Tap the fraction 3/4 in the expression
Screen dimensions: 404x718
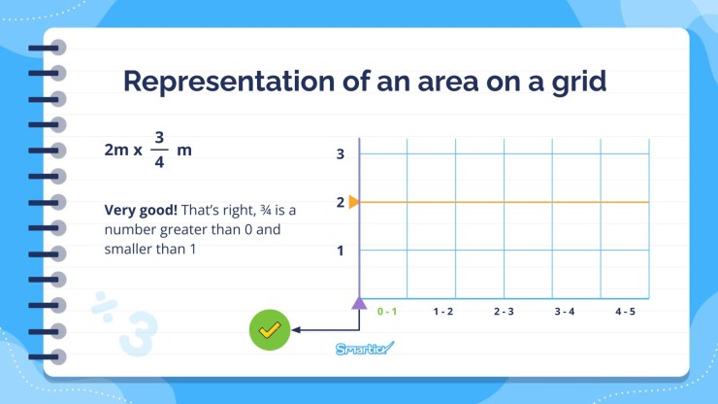click(160, 149)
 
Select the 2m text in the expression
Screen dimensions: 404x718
click(116, 150)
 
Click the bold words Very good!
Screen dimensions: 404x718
click(139, 210)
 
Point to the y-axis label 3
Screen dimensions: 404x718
click(341, 153)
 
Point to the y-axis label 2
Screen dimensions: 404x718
click(341, 202)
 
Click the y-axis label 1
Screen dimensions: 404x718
click(341, 251)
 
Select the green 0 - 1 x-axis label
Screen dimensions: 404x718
click(387, 312)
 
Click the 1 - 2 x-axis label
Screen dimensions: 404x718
click(443, 312)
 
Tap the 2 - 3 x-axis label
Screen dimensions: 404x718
click(504, 312)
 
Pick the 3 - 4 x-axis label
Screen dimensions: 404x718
click(565, 312)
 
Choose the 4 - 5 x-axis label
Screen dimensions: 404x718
click(625, 312)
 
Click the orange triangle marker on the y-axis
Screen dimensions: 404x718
click(354, 202)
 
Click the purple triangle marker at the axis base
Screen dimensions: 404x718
click(359, 303)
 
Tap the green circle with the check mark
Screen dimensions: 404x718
click(269, 330)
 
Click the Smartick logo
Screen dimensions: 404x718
click(365, 349)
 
